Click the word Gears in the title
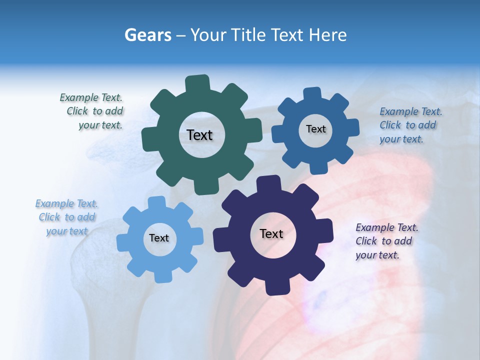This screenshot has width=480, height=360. (147, 35)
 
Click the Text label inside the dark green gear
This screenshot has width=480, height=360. (199, 135)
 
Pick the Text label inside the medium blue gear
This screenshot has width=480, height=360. (315, 129)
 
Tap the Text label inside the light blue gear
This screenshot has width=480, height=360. (159, 238)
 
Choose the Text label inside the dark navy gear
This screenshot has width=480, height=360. (271, 233)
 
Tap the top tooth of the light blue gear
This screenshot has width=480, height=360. (157, 203)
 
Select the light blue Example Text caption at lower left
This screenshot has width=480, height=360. (67, 217)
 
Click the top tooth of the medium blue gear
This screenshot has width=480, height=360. (312, 94)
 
